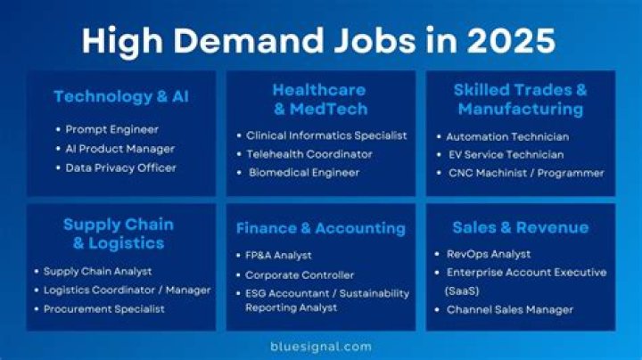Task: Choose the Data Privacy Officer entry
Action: tap(120, 168)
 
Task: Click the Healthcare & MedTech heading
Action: tap(320, 99)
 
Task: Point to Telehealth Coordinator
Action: tap(310, 154)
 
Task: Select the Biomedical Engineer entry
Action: tap(304, 173)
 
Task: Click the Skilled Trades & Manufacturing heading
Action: tap(520, 99)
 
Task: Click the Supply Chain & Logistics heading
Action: tap(118, 233)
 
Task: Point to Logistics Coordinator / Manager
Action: tap(128, 290)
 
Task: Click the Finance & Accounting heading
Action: tap(321, 229)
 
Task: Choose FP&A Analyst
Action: tap(279, 256)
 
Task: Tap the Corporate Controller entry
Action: tap(300, 275)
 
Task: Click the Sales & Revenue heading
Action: tap(521, 228)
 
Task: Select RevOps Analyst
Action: tap(489, 254)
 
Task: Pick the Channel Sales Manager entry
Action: tap(510, 310)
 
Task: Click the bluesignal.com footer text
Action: tap(321, 346)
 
